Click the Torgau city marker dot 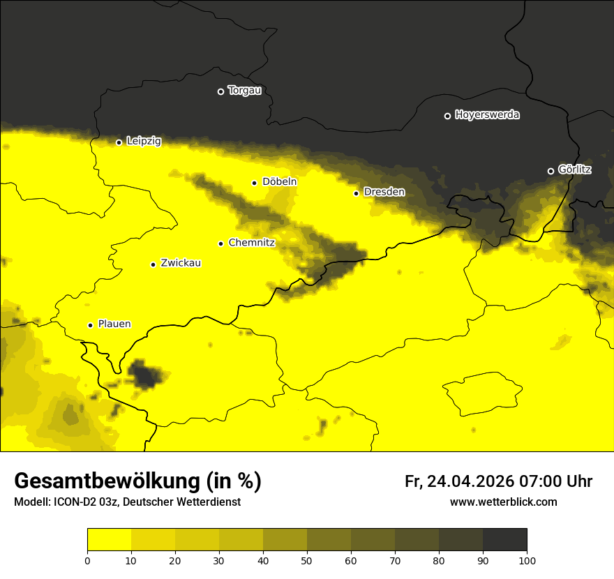point(220,91)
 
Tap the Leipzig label point(144,141)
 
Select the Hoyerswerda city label point(487,115)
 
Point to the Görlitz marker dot point(551,171)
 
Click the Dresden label point(384,192)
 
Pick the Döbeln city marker point(254,183)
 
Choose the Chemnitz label point(251,243)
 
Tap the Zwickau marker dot point(153,264)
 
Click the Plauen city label point(114,324)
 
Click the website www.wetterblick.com point(504,502)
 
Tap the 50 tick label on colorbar point(307,560)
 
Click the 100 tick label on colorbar point(526,560)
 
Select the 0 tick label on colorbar point(87,560)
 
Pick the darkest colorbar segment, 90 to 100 point(504,540)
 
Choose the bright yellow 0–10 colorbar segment point(109,540)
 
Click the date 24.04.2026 point(470,481)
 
